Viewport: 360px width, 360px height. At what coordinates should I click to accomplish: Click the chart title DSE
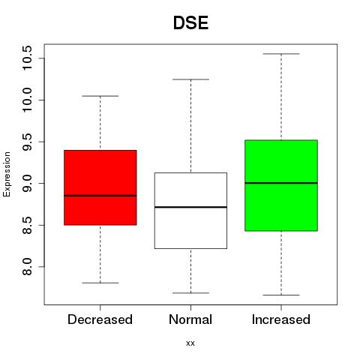(190, 23)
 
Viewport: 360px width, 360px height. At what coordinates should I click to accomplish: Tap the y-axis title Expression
(7, 174)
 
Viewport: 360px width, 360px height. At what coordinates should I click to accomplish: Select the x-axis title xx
(190, 343)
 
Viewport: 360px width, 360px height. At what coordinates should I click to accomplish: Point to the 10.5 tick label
(27, 58)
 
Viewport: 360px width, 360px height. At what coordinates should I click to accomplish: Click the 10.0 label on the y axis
(27, 100)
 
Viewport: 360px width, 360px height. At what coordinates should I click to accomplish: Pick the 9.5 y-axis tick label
(27, 142)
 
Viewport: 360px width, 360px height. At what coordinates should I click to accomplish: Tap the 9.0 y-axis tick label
(27, 184)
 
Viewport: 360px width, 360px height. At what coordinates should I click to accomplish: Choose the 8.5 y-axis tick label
(27, 225)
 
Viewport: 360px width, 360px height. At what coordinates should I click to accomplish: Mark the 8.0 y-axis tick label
(27, 267)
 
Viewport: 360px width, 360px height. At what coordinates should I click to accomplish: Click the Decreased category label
(100, 319)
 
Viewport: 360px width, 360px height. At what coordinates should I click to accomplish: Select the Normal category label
(190, 319)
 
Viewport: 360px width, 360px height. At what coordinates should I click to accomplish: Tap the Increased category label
(281, 319)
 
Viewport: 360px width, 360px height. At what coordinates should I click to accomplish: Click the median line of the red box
(100, 196)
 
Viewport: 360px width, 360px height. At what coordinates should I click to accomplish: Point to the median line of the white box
(190, 207)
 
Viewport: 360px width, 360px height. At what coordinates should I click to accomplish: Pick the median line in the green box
(281, 183)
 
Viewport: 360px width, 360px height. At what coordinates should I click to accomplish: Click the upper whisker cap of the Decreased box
(100, 96)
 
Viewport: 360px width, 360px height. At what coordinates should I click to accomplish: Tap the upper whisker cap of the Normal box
(190, 79)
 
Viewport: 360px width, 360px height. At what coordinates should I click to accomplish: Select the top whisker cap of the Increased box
(281, 54)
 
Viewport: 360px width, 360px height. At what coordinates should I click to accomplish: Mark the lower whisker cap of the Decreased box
(100, 283)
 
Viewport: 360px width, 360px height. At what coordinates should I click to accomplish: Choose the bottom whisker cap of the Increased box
(281, 295)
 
